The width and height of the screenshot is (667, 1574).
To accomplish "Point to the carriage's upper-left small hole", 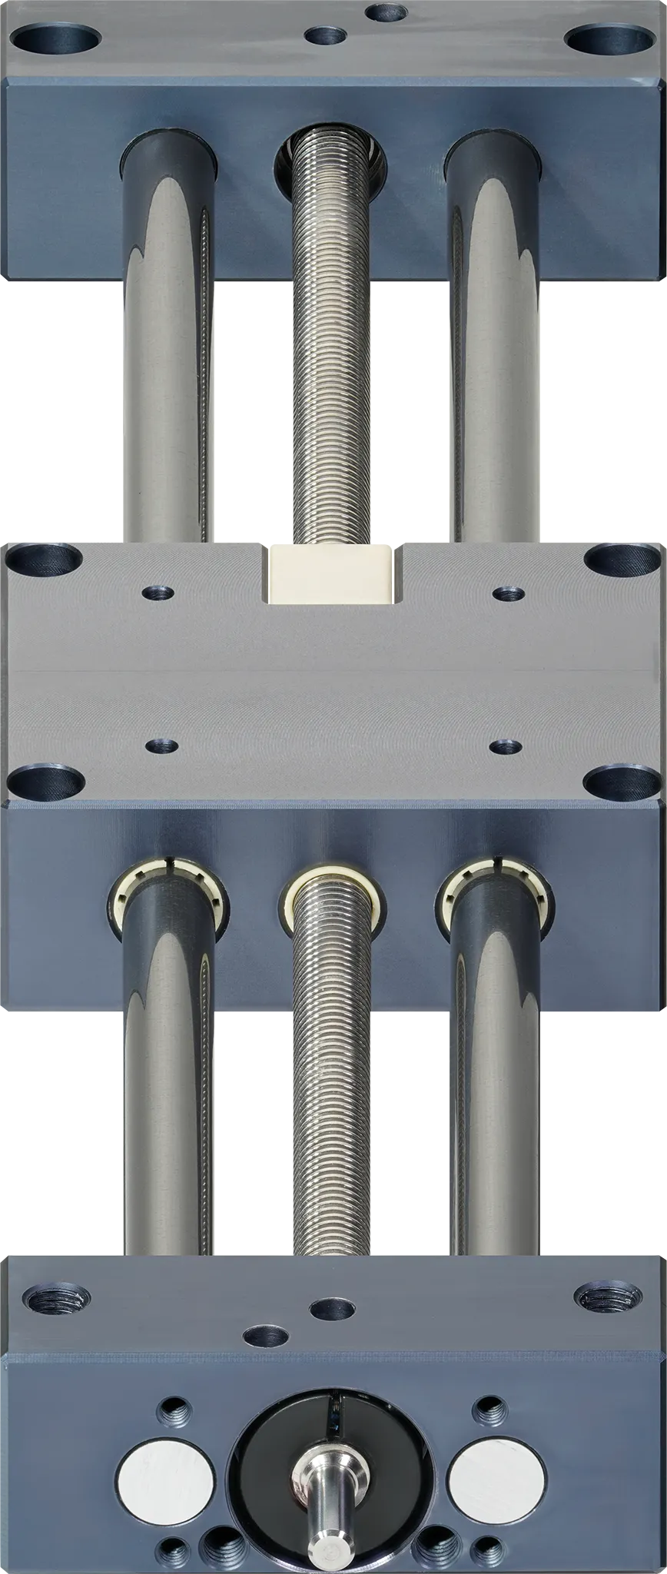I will pos(159,593).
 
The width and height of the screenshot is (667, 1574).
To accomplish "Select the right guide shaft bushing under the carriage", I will pos(492,895).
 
